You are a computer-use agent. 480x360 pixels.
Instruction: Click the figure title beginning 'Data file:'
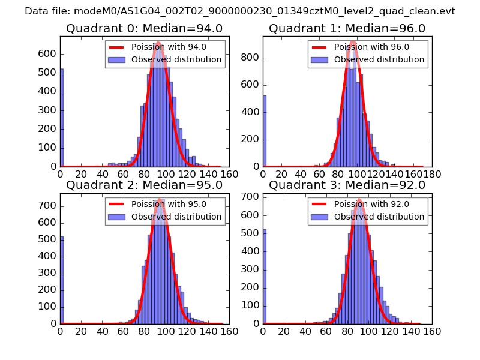click(240, 11)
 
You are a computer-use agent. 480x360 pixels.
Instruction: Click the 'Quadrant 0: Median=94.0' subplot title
click(144, 28)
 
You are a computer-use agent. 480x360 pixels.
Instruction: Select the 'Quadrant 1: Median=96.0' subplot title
click(347, 28)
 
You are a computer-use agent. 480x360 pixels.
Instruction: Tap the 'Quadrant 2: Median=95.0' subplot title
click(144, 185)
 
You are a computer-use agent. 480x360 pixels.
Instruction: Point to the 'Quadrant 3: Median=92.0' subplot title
click(347, 185)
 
